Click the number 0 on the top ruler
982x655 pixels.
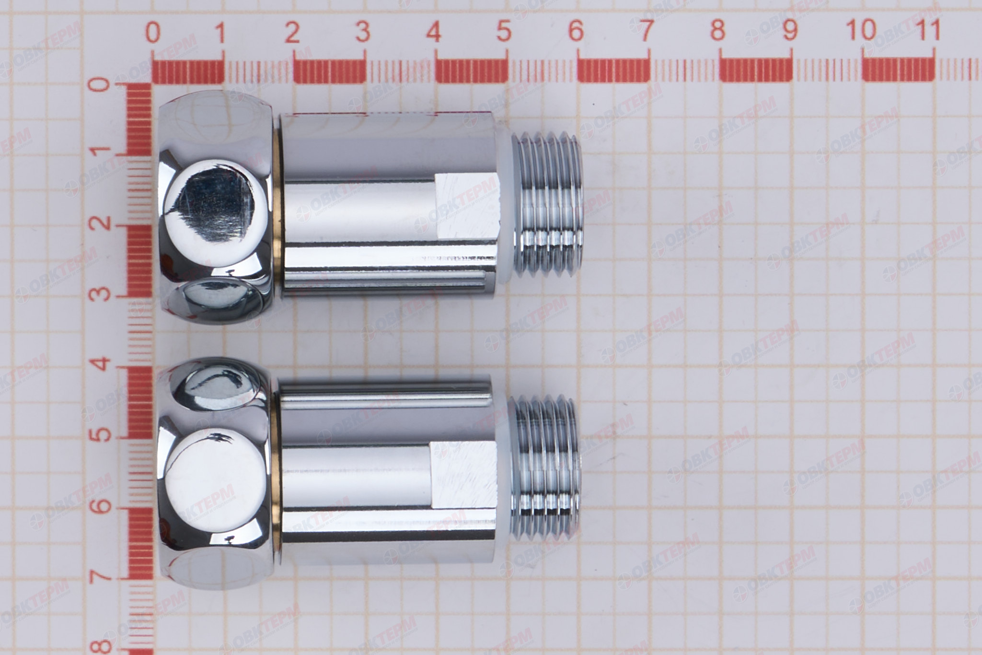click(153, 33)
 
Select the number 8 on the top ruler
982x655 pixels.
click(717, 31)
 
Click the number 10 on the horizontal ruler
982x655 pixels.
click(861, 30)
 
